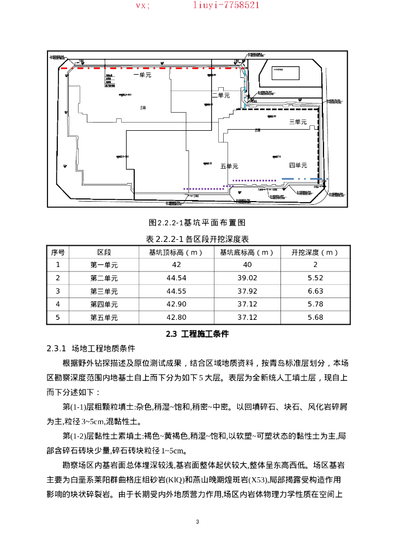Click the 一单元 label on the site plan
(142, 75)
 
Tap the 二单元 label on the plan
(221, 95)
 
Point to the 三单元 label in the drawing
(298, 122)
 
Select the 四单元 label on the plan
(298, 165)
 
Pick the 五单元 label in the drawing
(230, 166)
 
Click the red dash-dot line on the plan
(158, 69)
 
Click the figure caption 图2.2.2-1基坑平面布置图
(197, 222)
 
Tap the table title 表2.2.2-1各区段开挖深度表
(197, 239)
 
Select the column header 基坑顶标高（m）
(176, 252)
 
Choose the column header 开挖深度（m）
(315, 252)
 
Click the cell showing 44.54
(176, 278)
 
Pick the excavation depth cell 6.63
(315, 291)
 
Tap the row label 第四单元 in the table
(104, 304)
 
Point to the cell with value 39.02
(247, 278)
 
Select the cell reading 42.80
(176, 317)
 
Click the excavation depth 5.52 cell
(315, 278)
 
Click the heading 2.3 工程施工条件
(197, 334)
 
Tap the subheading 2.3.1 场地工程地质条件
(91, 348)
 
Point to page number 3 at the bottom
(197, 522)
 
